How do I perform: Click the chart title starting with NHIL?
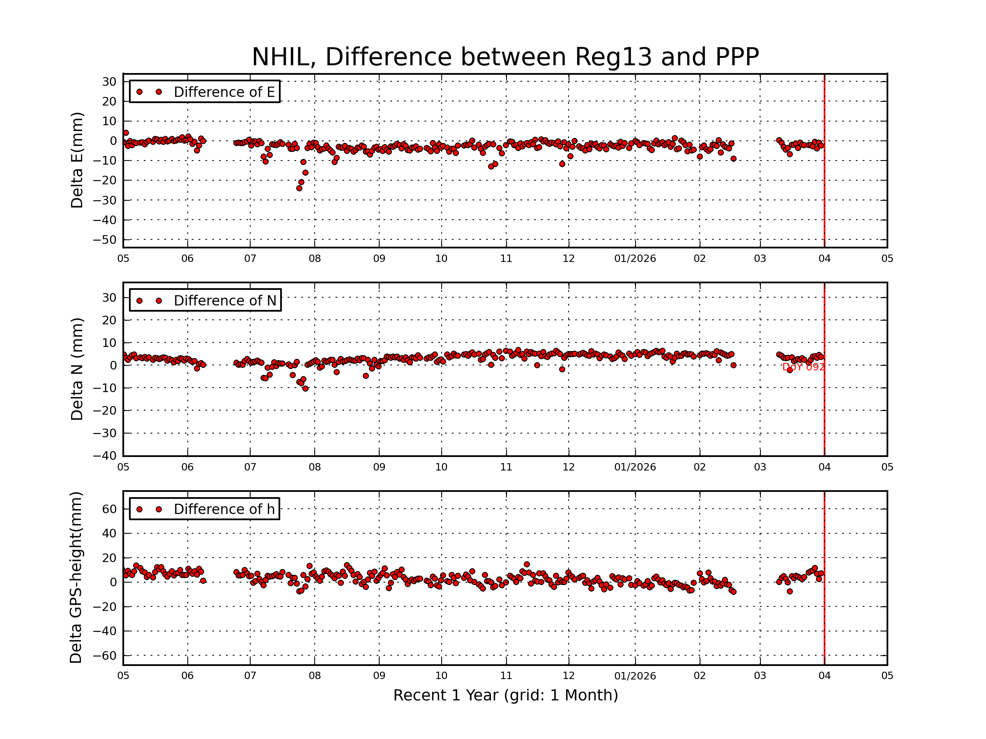505,57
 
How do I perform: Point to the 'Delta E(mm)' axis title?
77,161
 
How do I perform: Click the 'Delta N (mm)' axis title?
77,369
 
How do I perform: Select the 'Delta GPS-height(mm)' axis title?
76,577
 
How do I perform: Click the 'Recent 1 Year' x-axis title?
505,695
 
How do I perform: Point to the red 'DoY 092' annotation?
803,367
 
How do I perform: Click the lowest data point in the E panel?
299,188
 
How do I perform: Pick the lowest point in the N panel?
305,389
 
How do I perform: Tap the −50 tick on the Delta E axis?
105,240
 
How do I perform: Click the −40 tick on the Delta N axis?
105,456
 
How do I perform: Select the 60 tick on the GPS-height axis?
109,509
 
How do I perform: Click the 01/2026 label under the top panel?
635,259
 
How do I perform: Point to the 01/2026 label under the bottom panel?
635,676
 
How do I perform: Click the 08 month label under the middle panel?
315,467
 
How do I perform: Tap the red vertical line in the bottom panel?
824,579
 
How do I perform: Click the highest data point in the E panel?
126,133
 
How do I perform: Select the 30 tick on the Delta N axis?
109,298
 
